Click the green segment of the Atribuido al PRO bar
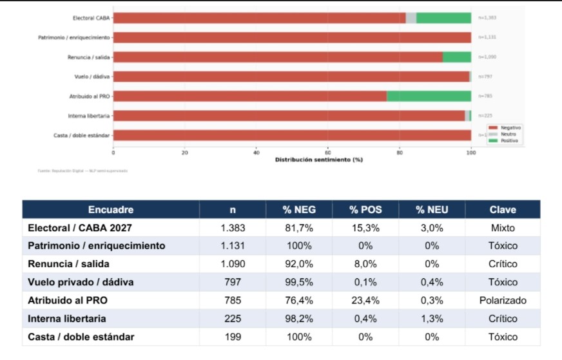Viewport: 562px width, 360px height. [429, 96]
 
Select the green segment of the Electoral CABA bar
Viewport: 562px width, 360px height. [443, 18]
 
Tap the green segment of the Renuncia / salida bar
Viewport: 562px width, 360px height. [457, 57]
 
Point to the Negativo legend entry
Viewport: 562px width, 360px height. [507, 128]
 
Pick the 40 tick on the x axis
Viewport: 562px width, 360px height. [257, 153]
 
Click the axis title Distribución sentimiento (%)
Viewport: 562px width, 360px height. [318, 159]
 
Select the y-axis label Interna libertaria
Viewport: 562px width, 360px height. [88, 116]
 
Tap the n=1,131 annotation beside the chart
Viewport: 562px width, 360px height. [487, 37]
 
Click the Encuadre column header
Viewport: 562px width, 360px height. [111, 209]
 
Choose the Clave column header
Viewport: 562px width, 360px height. [503, 209]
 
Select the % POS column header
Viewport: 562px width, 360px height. [365, 209]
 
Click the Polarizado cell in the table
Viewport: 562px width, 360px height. [503, 300]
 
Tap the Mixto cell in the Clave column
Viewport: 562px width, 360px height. [503, 227]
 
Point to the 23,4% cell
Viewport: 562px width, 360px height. [365, 300]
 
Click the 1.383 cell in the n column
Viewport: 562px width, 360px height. [233, 227]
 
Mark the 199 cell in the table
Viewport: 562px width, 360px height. [233, 336]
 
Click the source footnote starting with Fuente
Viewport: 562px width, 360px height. [82, 171]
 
